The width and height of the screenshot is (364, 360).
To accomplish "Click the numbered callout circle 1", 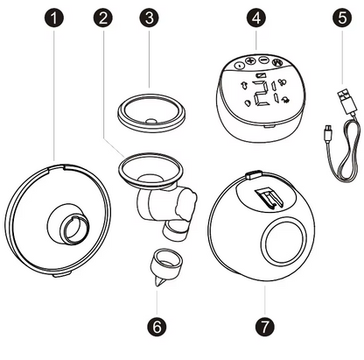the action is click(54, 18).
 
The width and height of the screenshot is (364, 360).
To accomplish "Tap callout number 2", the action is click(102, 18).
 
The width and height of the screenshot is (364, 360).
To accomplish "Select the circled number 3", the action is click(149, 18).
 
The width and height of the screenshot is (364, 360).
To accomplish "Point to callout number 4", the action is click(256, 18).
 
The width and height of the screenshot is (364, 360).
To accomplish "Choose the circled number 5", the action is click(342, 18).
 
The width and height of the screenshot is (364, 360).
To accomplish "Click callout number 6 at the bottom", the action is click(157, 326).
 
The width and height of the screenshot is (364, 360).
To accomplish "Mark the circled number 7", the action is click(265, 326).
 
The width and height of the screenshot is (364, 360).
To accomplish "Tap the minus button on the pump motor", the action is click(263, 60).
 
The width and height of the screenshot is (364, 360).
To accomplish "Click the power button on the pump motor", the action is click(240, 66).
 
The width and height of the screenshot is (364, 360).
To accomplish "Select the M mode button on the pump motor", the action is click(276, 62).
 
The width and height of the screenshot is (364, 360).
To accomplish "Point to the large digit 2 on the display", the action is click(260, 93).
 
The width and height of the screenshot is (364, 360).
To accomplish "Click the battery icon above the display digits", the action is click(259, 76).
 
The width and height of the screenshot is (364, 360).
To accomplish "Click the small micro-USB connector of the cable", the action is click(328, 131).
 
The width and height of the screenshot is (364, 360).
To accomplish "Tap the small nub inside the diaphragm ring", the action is click(151, 121).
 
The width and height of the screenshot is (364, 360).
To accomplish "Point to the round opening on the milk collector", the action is click(283, 241).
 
